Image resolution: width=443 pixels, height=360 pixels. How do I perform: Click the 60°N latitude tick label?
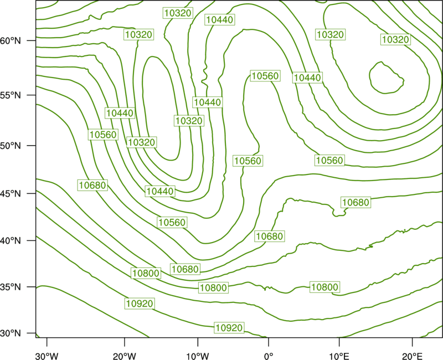[11, 40]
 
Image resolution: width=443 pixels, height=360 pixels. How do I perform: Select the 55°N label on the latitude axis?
[11, 95]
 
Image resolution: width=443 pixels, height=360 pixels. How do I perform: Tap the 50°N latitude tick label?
[11, 146]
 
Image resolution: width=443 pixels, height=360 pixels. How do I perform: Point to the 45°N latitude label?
[11, 193]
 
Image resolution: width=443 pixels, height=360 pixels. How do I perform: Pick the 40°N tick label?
[11, 241]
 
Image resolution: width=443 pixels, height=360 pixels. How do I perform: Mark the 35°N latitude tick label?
[11, 287]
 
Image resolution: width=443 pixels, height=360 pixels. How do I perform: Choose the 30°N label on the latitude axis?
[11, 333]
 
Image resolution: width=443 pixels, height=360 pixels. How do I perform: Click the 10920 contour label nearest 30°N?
[229, 328]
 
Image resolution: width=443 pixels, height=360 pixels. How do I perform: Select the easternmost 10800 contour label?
[324, 287]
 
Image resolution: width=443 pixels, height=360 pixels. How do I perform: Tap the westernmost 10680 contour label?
[92, 186]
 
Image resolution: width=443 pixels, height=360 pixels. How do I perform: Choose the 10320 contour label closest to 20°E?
[395, 39]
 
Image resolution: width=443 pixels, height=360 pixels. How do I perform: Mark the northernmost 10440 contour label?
[220, 20]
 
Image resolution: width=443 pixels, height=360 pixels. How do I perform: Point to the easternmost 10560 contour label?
[329, 161]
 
